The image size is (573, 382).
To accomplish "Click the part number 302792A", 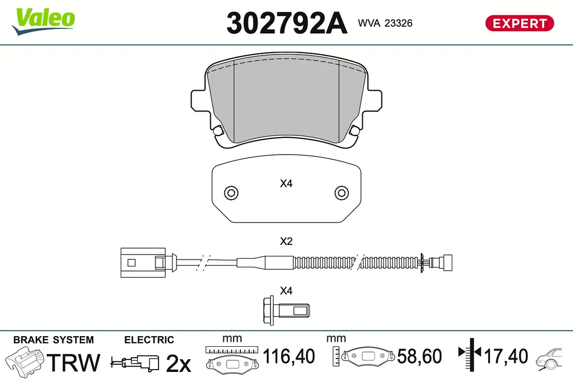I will click(286, 23).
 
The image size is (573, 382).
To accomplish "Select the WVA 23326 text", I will click(385, 23).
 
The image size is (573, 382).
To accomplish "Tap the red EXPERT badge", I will click(519, 23).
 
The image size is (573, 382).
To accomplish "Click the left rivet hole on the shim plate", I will click(231, 193).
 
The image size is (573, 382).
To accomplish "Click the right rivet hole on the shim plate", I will click(341, 193).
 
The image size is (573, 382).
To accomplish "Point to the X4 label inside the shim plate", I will click(286, 183).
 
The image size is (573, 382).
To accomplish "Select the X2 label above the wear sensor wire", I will click(286, 242).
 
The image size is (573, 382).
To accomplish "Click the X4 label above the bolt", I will click(286, 290).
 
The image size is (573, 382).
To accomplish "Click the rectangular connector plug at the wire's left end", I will click(142, 262).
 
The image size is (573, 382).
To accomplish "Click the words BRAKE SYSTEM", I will click(53, 340).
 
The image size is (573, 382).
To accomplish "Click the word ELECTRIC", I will click(149, 340).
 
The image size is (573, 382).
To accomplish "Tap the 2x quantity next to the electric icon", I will click(178, 364).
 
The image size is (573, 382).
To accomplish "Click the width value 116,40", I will click(289, 356).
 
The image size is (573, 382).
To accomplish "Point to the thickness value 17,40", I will click(506, 356).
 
